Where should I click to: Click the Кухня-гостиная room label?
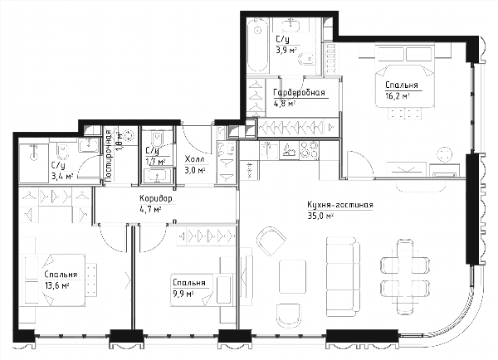click(x=340, y=205)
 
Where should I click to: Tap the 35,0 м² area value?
click(x=320, y=216)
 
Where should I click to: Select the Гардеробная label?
click(x=299, y=93)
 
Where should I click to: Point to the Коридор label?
click(x=156, y=199)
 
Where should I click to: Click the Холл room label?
click(x=195, y=159)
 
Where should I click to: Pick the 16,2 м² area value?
click(x=397, y=96)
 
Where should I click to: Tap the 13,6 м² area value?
click(x=56, y=285)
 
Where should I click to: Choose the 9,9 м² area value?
click(x=183, y=294)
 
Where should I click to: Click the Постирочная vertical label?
click(x=108, y=156)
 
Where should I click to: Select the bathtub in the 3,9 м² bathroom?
click(x=257, y=45)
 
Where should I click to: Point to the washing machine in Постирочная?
click(x=129, y=135)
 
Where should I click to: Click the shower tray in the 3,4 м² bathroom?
click(x=34, y=163)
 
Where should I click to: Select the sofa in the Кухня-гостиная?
click(x=343, y=276)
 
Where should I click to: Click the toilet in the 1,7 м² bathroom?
click(x=158, y=139)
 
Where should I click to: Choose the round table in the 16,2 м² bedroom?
click(x=444, y=154)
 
